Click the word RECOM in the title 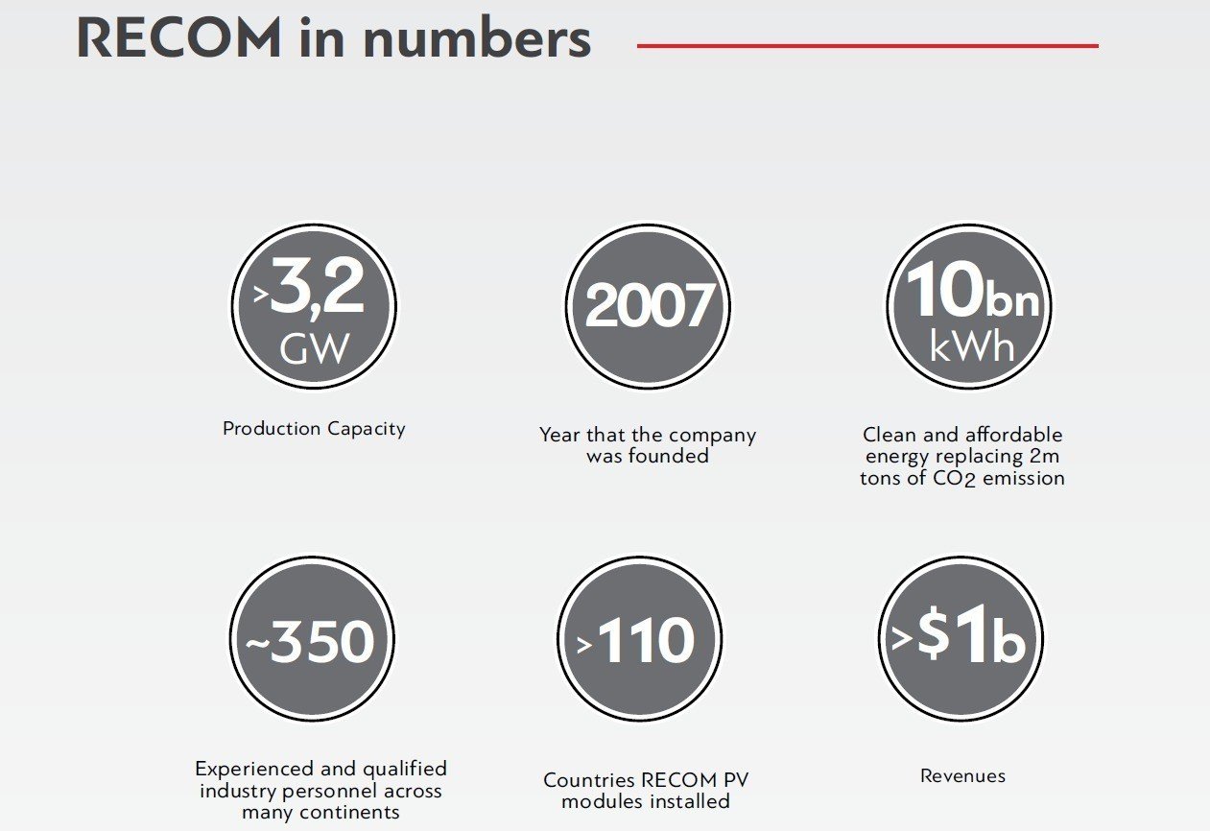[x=178, y=38]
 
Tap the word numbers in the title [x=478, y=38]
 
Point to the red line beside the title [x=867, y=46]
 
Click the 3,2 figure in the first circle [x=317, y=285]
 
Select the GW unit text [x=314, y=348]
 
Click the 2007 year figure [x=649, y=305]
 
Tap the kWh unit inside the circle [x=971, y=346]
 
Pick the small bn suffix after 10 [x=1011, y=301]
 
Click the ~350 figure [x=310, y=640]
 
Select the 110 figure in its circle [x=646, y=640]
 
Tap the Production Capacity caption [x=314, y=429]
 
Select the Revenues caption [x=962, y=776]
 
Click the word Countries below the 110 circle [x=589, y=780]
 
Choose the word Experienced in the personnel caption [x=254, y=770]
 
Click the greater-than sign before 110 [x=584, y=645]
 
